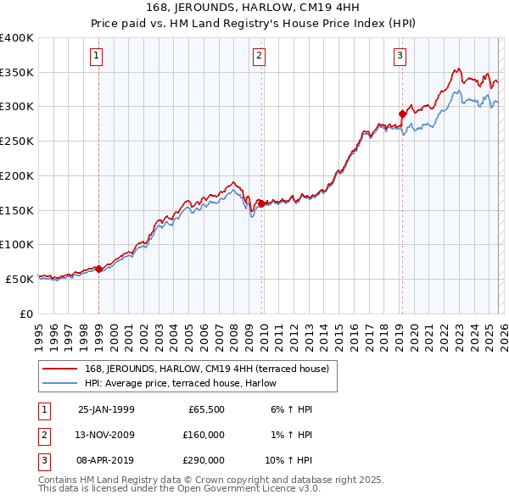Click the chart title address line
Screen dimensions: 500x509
(x=254, y=8)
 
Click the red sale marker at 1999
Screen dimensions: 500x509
(x=99, y=269)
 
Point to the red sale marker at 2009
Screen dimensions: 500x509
(x=261, y=203)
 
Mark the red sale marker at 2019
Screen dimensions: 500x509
(x=402, y=114)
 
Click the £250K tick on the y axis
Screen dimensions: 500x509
(x=17, y=142)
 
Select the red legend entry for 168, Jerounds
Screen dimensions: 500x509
(x=211, y=368)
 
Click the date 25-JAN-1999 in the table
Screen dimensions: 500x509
(x=106, y=409)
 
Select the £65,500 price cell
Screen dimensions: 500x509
(x=204, y=409)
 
